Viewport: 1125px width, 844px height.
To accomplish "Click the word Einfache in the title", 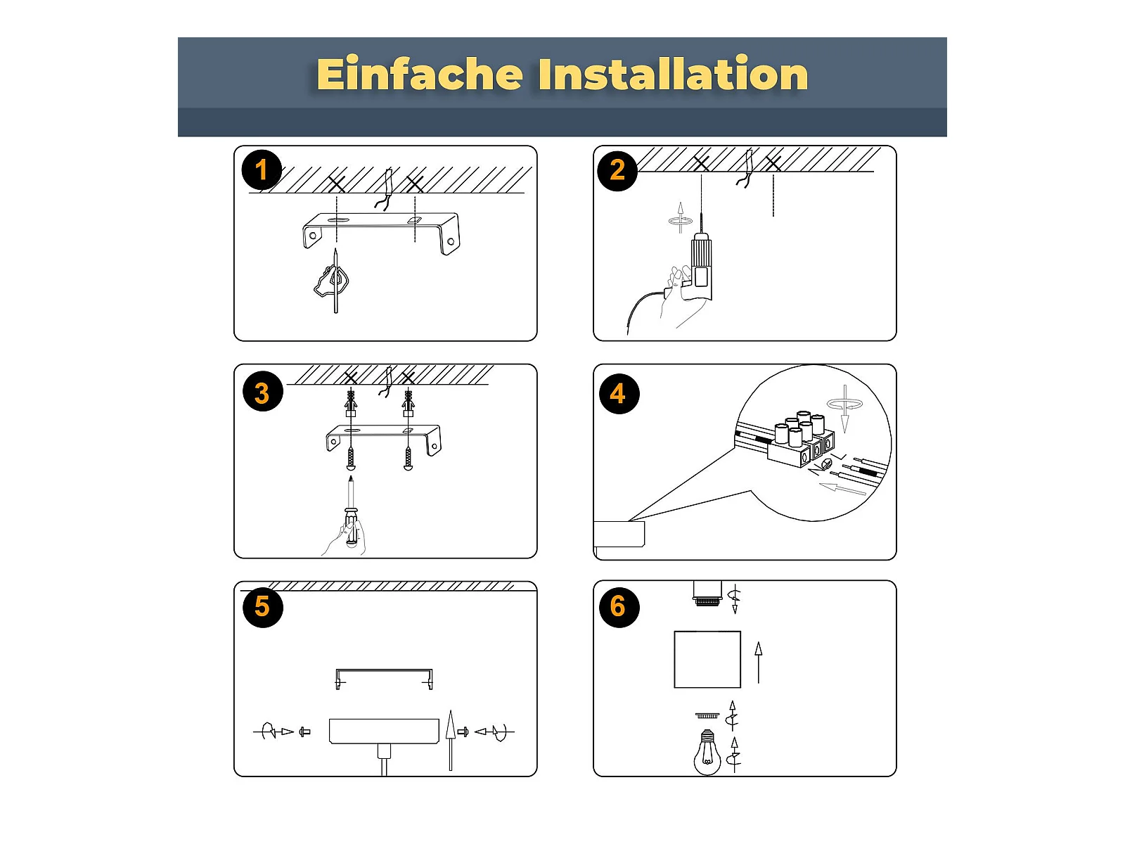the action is [419, 75].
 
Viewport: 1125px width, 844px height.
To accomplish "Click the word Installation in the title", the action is [673, 75].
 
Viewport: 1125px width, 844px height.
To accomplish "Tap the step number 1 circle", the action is [262, 170].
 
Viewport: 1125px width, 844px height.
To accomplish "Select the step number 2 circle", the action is [617, 171].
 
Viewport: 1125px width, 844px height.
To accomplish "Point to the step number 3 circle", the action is [262, 392].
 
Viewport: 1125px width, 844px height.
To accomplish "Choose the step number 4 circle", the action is [619, 394].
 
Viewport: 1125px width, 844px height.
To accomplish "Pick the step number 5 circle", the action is [262, 607].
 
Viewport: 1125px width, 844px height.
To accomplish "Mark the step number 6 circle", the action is [619, 607].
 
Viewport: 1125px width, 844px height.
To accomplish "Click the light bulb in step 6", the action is [707, 753].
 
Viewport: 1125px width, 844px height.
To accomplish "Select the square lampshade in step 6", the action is [707, 660].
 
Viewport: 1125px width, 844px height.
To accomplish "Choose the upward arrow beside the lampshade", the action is [759, 663].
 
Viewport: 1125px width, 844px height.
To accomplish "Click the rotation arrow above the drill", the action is [680, 220].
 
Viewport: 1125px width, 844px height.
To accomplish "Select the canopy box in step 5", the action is [384, 731].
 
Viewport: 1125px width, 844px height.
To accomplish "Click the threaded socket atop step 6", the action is [707, 594].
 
